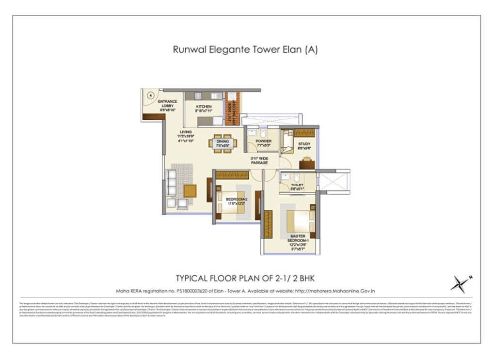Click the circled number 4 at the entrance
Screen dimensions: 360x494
(151, 96)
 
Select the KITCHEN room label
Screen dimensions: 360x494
(204, 108)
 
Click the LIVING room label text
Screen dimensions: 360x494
(186, 132)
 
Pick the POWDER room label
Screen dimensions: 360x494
(263, 141)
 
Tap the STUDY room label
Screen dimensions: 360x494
(304, 144)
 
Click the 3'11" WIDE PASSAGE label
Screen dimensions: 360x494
(259, 161)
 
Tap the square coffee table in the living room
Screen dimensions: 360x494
(190, 191)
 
